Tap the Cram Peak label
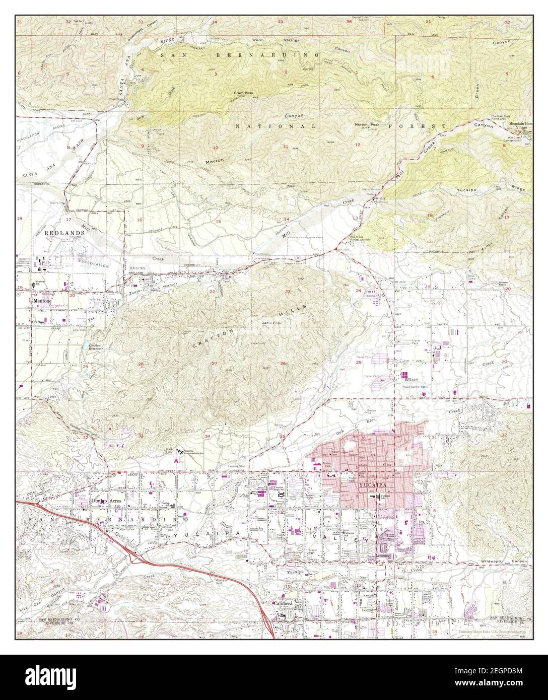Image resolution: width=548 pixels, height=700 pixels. (x=242, y=93)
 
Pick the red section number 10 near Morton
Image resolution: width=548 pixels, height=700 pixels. (x=216, y=148)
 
